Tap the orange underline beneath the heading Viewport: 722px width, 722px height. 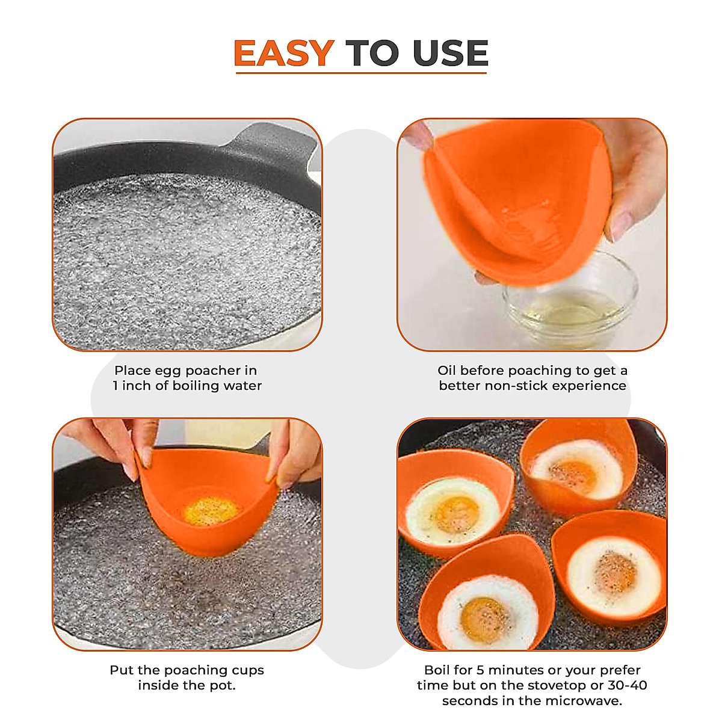(361, 73)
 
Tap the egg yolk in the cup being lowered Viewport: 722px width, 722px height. (211, 511)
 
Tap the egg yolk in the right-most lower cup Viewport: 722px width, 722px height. (615, 571)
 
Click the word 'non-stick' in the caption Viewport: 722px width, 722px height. (514, 386)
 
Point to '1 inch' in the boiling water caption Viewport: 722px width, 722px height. (132, 386)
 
